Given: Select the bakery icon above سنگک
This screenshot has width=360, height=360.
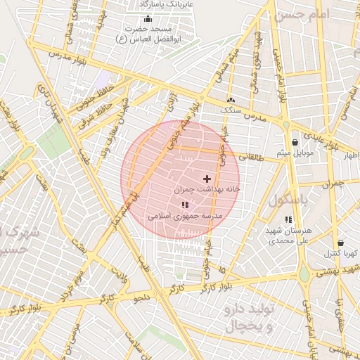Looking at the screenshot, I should point(231,101).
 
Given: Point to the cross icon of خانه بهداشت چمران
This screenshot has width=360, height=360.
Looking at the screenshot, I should point(206,179).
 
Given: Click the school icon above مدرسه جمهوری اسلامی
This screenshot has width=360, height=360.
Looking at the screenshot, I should point(185,205).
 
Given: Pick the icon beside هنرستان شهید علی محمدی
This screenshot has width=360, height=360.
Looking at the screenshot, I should point(288,220).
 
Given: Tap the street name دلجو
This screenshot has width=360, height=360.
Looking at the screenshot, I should point(143,297).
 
